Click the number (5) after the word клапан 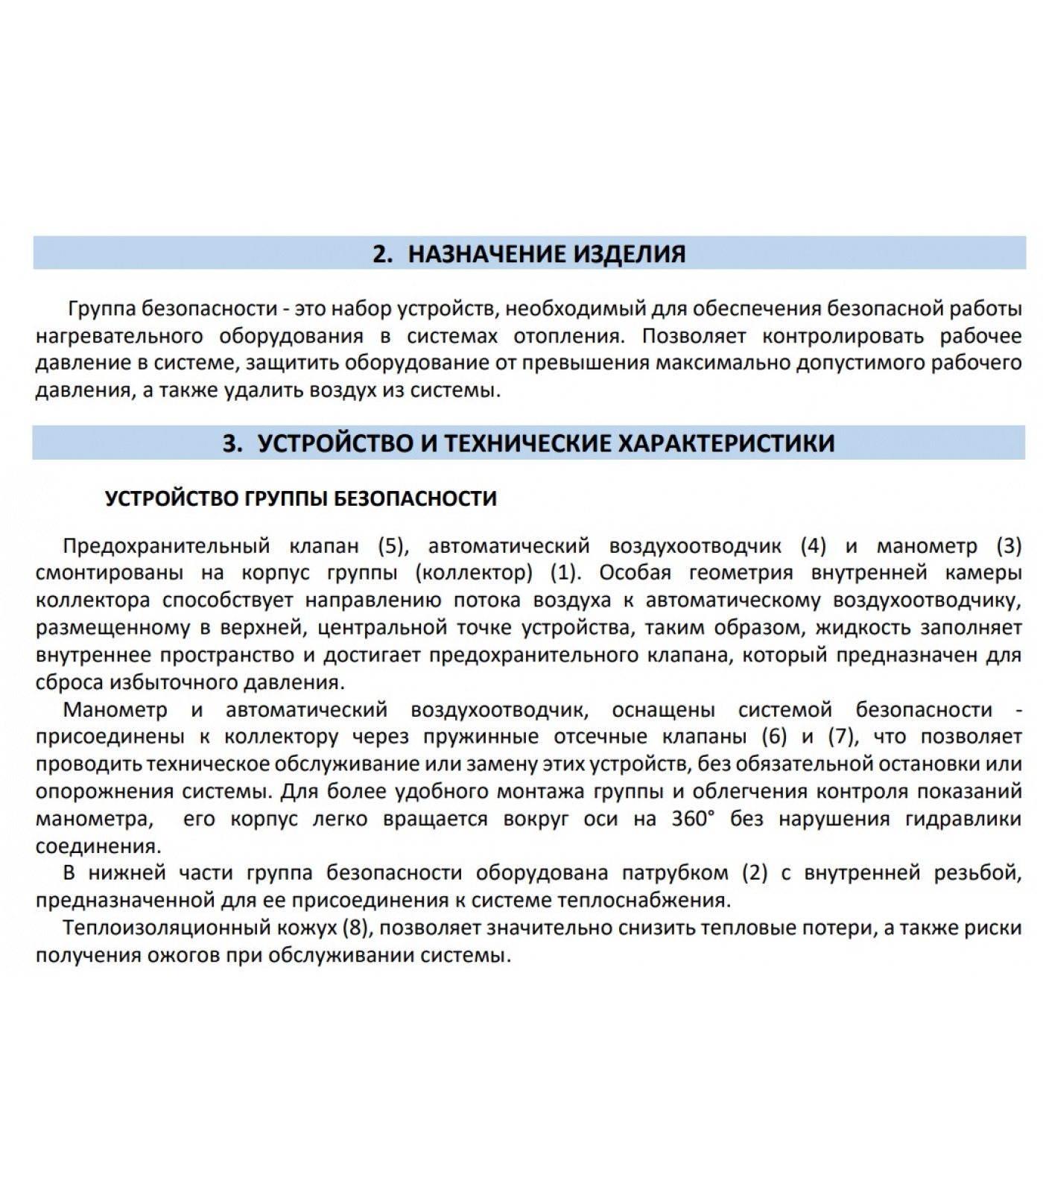coord(393,546)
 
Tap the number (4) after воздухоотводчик coord(814,546)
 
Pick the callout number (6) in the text coord(774,737)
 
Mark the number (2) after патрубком coord(755,873)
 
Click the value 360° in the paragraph coord(693,819)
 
